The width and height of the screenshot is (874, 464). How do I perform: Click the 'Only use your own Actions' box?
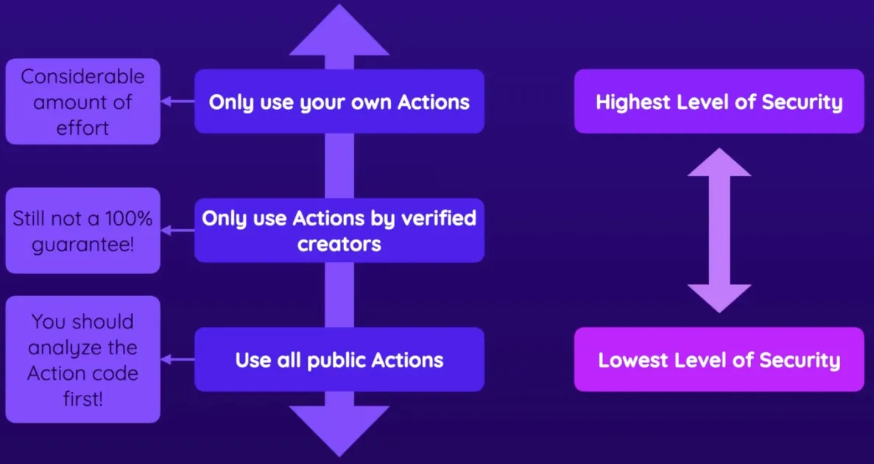[339, 102]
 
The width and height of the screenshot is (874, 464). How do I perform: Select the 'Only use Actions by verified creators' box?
[339, 231]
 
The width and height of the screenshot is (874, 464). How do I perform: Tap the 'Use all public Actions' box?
[339, 359]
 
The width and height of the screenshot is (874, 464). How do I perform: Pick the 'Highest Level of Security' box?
[719, 102]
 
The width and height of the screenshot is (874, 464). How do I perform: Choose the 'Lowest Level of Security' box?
[719, 359]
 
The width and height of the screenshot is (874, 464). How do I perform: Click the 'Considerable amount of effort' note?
[83, 102]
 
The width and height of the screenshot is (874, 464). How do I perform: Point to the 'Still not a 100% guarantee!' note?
[83, 231]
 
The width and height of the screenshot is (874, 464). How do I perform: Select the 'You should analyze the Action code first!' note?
[83, 359]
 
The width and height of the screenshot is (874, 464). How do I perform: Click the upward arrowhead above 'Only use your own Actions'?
[339, 31]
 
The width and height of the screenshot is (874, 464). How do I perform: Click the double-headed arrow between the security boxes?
[719, 231]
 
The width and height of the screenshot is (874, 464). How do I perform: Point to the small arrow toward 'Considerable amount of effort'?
[177, 102]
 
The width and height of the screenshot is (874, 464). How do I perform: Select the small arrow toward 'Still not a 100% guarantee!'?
[177, 231]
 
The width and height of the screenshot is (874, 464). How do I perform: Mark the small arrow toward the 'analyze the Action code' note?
[177, 359]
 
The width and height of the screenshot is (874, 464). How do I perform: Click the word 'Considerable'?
[82, 77]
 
